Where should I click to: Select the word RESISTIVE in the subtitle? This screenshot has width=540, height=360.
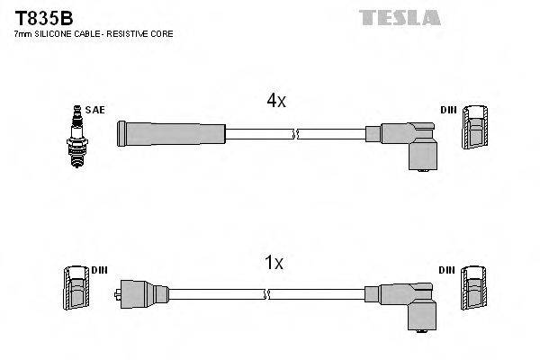tap(134, 33)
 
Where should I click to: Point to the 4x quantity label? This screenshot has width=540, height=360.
tap(275, 102)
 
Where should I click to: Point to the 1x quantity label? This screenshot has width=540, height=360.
tap(274, 263)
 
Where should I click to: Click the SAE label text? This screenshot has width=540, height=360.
tap(96, 110)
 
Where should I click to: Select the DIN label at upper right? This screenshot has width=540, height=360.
tap(448, 110)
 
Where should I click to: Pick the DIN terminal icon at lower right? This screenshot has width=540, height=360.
tap(473, 292)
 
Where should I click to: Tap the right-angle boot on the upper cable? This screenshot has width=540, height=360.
tap(409, 143)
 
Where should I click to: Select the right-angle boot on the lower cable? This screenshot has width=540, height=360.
tap(409, 303)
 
